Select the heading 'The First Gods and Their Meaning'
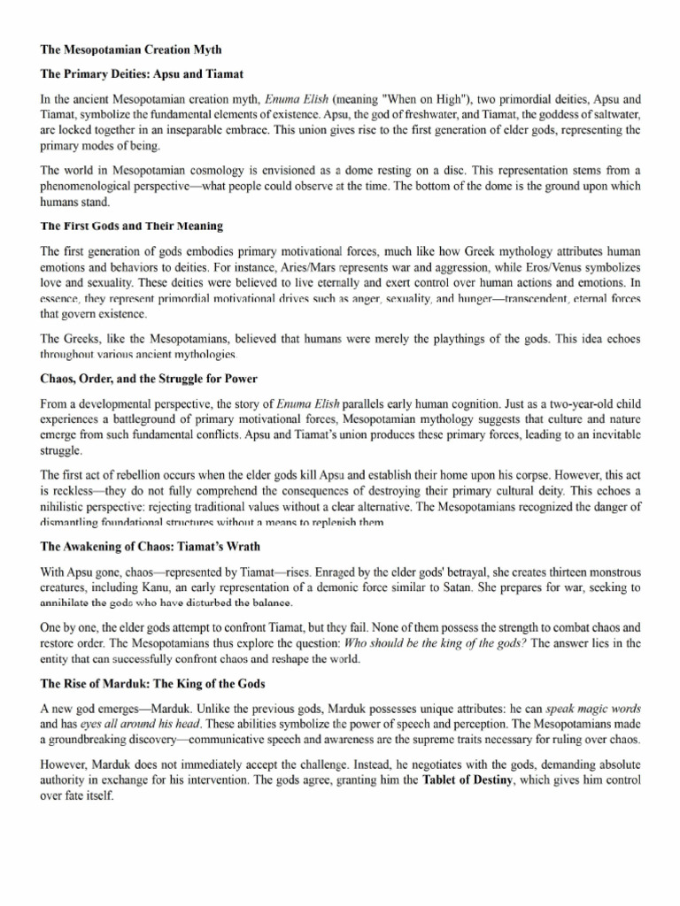point(132,226)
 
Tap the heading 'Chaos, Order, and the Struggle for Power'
point(150,379)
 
